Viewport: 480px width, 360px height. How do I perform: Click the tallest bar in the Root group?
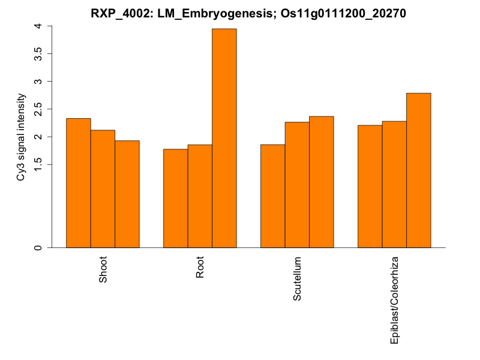click(224, 138)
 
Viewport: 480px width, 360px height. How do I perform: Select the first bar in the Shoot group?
click(79, 183)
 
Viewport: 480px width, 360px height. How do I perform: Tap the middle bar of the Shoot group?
click(103, 188)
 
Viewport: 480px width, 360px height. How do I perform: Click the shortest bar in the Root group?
click(176, 198)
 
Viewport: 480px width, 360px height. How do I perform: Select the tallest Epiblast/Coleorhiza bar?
click(419, 170)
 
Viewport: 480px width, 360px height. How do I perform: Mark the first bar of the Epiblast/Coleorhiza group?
click(370, 186)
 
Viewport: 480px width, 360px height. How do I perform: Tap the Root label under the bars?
click(200, 268)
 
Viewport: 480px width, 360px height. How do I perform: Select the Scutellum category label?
click(298, 278)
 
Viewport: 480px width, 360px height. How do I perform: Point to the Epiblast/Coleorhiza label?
click(395, 299)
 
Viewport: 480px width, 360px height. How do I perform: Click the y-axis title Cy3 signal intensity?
click(22, 137)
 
